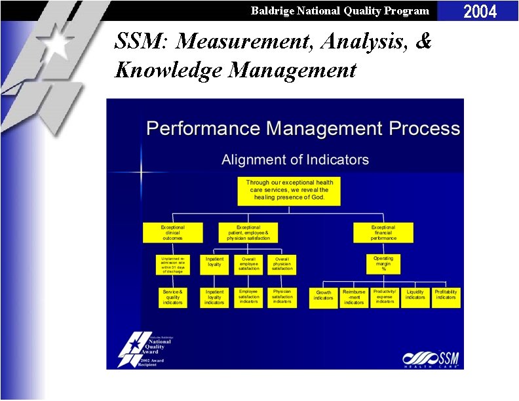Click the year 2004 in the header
coord(480,10)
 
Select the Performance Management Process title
coord(303,128)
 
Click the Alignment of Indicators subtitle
coord(295,160)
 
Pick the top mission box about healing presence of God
coord(289,190)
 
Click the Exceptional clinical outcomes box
coord(173,233)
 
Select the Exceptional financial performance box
coord(383,233)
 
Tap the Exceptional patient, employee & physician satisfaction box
coord(248,233)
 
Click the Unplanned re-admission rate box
coord(173,265)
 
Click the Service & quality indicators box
coord(173,297)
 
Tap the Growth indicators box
coord(324,297)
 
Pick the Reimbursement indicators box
coord(354,297)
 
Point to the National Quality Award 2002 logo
coord(145,347)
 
